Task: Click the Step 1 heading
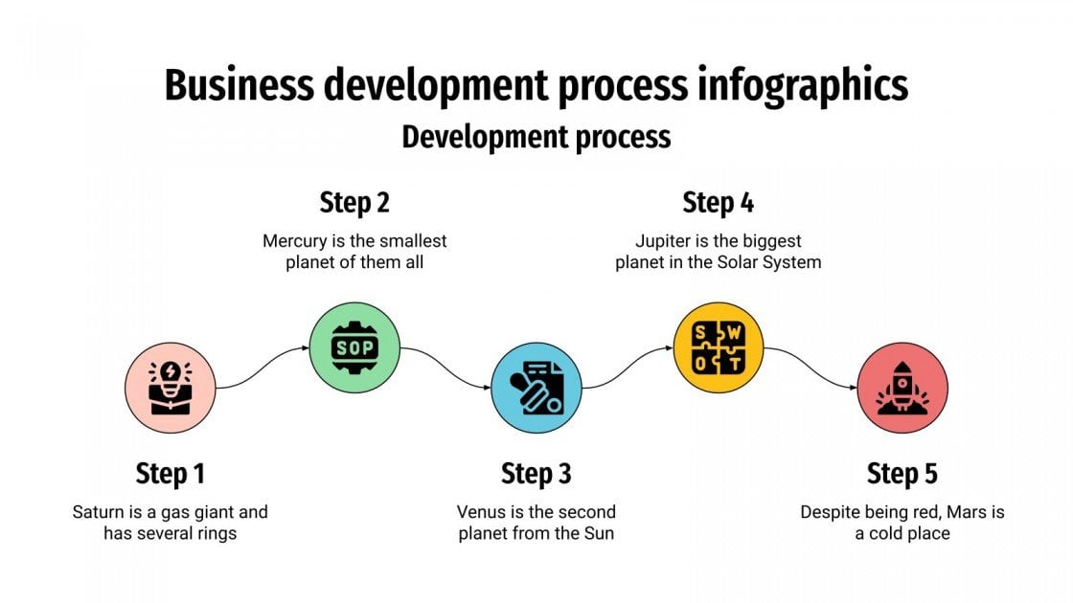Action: (x=171, y=473)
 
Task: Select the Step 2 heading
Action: (x=354, y=203)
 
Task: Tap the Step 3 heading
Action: (x=536, y=473)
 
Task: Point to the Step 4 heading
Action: (x=719, y=203)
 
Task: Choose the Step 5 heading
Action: (x=902, y=473)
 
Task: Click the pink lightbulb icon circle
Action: (x=171, y=388)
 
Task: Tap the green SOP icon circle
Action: (x=354, y=347)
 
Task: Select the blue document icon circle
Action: (x=536, y=388)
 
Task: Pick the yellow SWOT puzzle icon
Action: (x=719, y=347)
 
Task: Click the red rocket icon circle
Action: (x=902, y=388)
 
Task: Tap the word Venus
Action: (x=480, y=512)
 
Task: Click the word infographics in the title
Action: (x=798, y=85)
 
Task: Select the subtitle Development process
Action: (x=536, y=137)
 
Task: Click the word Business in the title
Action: (x=240, y=85)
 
